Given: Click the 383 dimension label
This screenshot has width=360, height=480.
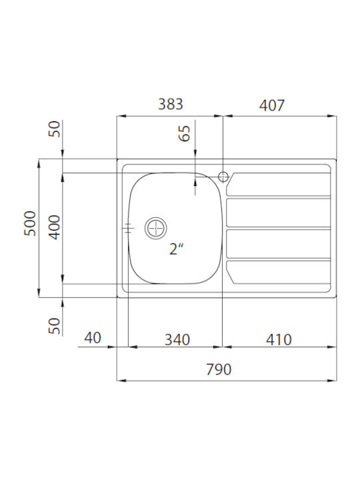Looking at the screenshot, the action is (x=171, y=104).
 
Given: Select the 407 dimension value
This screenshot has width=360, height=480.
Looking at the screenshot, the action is (x=272, y=105).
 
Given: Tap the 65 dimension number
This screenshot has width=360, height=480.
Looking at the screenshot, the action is (x=184, y=133).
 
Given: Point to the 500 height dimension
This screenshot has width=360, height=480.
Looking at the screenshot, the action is (x=30, y=223).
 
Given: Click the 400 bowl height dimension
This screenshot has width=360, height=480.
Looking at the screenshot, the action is (x=55, y=227).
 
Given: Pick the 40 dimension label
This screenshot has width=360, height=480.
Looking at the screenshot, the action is (x=93, y=338).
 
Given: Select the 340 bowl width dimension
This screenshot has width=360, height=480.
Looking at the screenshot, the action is (x=177, y=340).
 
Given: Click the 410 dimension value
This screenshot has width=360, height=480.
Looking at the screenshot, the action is (x=279, y=340).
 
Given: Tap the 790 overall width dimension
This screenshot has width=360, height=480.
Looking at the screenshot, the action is (x=219, y=369).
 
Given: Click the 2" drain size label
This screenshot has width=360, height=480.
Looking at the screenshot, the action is (x=176, y=249).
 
